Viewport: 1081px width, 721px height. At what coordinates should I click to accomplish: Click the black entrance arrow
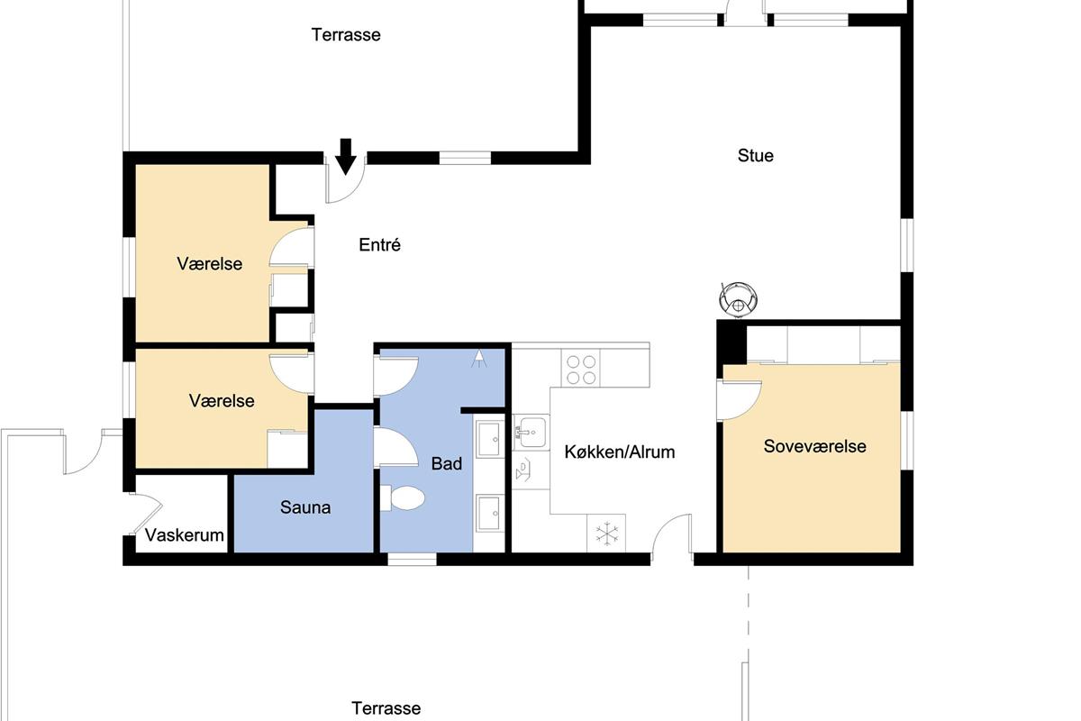346,156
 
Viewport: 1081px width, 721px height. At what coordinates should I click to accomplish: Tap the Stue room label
755,156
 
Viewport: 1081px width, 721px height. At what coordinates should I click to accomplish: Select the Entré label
379,245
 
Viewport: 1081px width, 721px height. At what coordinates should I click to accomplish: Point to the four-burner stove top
580,370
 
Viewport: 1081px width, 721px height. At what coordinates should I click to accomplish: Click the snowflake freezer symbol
606,534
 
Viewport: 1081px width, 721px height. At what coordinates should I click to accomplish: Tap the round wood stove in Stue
738,299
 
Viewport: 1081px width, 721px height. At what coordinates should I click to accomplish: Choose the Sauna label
305,507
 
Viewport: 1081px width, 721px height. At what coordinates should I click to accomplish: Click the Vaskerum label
184,535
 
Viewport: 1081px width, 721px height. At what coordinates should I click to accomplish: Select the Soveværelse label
814,446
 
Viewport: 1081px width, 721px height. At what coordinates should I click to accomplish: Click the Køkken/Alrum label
620,452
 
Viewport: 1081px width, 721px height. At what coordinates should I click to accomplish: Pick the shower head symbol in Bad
479,359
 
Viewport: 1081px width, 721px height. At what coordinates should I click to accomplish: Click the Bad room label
447,463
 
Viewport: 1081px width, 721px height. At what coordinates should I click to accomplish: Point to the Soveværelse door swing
740,400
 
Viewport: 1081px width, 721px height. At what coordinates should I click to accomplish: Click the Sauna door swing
395,447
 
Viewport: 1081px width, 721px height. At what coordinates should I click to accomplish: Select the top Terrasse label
346,35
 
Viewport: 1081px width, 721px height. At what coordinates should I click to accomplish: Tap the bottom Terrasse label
386,708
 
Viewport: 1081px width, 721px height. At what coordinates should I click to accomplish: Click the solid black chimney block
731,342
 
